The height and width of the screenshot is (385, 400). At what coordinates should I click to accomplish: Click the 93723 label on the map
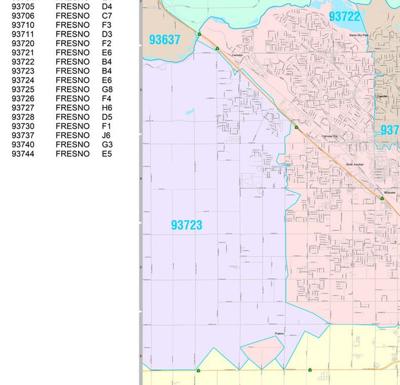pos(186,226)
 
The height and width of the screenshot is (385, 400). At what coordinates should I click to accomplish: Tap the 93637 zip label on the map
pos(164,40)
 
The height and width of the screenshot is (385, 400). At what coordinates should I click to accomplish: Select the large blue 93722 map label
pos(344,16)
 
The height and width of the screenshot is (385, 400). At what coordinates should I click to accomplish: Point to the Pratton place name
pos(280,333)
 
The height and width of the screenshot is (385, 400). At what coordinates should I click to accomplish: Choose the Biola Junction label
pos(355,164)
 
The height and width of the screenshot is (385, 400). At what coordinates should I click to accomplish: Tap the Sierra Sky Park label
pos(359,35)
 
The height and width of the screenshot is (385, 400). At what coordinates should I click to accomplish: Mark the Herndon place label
pos(238,55)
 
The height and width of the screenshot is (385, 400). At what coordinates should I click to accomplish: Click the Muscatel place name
pos(389,193)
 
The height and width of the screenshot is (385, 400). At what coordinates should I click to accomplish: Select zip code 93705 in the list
pos(23,7)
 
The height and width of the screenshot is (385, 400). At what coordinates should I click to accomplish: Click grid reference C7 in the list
pos(107,16)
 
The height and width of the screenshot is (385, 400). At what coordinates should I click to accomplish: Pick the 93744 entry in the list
pos(23,154)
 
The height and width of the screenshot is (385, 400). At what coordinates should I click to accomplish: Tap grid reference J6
pos(107,136)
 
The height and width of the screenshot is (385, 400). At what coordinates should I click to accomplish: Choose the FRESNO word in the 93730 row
pos(72,127)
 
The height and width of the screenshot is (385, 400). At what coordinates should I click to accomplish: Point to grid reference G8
pos(107,89)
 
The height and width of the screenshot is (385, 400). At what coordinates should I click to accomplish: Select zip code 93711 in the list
pos(23,34)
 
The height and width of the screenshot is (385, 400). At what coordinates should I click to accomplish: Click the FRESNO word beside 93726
pos(72,98)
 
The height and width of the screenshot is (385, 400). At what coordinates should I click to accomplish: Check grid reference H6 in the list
pos(107,108)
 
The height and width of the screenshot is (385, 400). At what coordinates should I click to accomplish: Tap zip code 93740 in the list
pos(23,145)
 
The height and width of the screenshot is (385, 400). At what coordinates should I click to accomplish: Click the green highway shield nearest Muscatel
pos(382,198)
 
